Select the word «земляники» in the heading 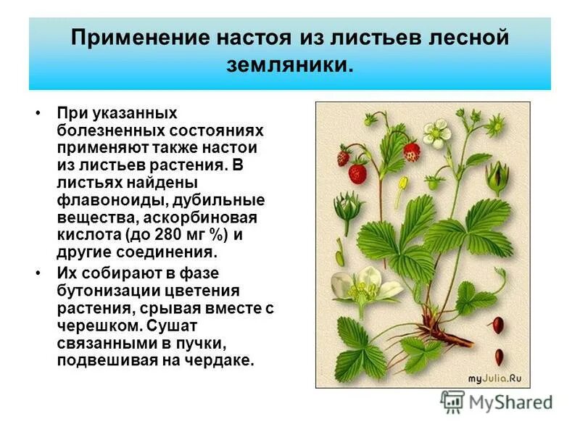pyautogui.click(x=289, y=65)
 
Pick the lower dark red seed pyautogui.click(x=500, y=356)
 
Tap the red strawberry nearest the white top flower pyautogui.click(x=411, y=152)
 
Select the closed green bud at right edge pyautogui.click(x=497, y=175)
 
